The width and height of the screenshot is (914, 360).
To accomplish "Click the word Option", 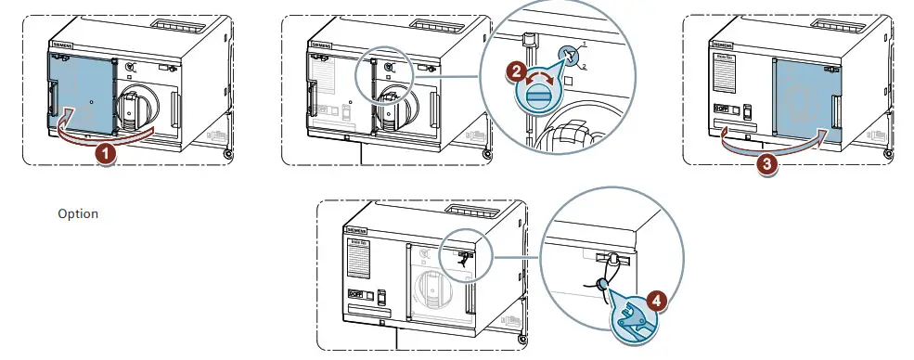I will click(x=78, y=213).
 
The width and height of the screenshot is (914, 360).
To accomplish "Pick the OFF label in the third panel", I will click(x=720, y=109).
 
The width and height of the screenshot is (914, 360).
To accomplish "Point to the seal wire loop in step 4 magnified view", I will click(x=601, y=282).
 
